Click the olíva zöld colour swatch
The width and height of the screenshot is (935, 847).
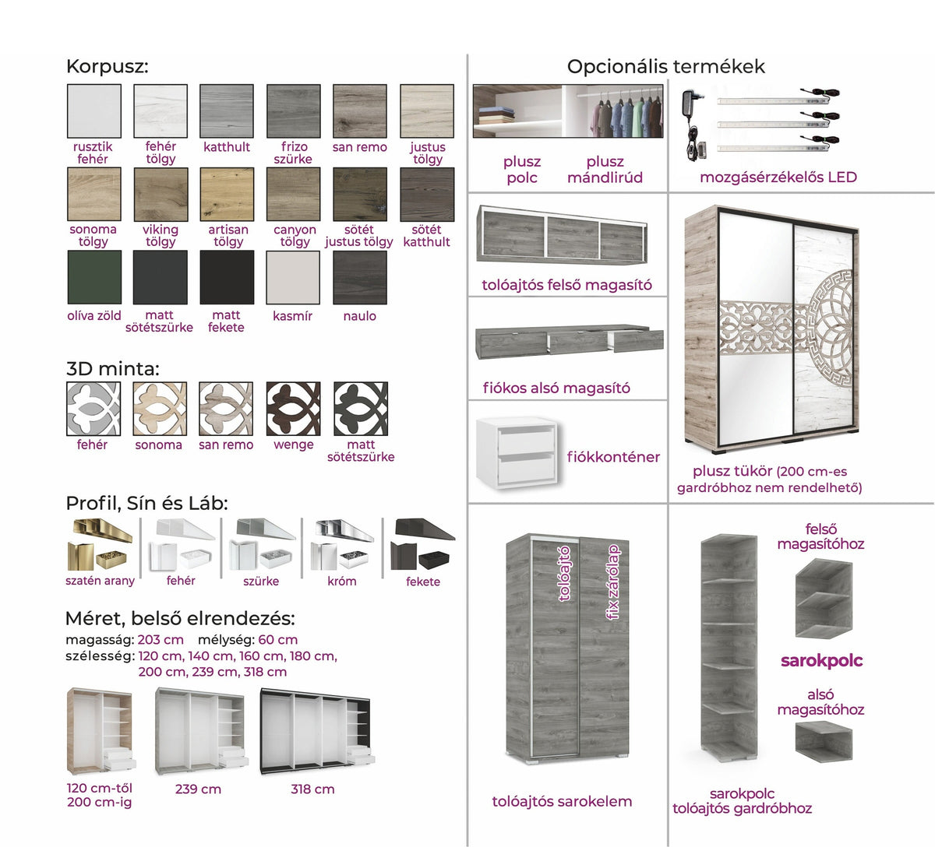coord(94,277)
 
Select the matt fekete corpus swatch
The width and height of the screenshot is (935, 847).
coord(227,277)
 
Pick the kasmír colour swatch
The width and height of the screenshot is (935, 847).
coord(293,277)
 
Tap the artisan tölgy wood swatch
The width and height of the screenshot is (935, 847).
coord(227,195)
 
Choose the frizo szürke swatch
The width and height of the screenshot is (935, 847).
coord(294,111)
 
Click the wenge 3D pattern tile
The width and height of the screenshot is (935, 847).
coord(293,409)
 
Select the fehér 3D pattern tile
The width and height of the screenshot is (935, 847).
coord(93,409)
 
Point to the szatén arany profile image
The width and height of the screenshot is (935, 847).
coord(100,545)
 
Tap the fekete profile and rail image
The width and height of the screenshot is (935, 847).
coord(422,544)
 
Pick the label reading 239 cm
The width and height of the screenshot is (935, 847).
coord(198,789)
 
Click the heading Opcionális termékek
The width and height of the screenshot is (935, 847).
coord(665,67)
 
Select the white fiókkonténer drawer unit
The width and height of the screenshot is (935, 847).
coord(518,453)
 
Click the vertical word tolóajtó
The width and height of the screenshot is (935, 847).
coord(564,574)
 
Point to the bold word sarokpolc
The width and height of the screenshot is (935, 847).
coord(822,661)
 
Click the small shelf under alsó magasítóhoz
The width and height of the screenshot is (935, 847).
coord(824,742)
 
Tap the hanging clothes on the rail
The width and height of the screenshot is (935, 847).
coord(626,114)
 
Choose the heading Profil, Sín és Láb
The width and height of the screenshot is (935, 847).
coord(146,504)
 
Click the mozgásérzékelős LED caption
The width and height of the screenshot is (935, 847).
coord(778,177)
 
